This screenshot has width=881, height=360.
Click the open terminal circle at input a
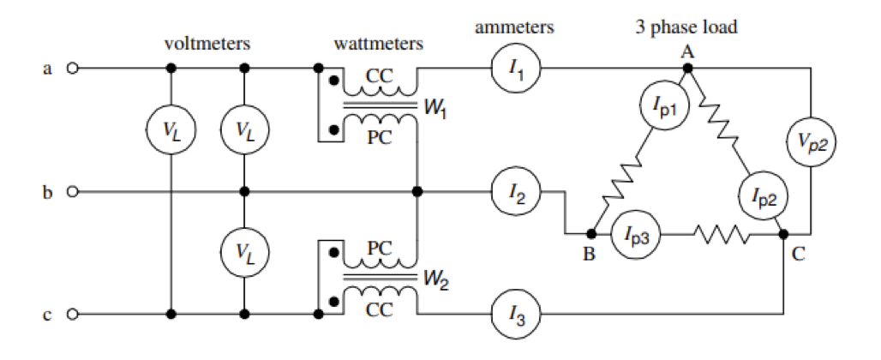coord(72,69)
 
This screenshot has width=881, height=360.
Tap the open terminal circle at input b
coord(72,191)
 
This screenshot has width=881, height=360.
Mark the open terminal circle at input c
coord(72,314)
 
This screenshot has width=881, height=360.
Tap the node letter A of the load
coord(686,51)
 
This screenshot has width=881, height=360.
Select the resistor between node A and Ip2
coord(719,126)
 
